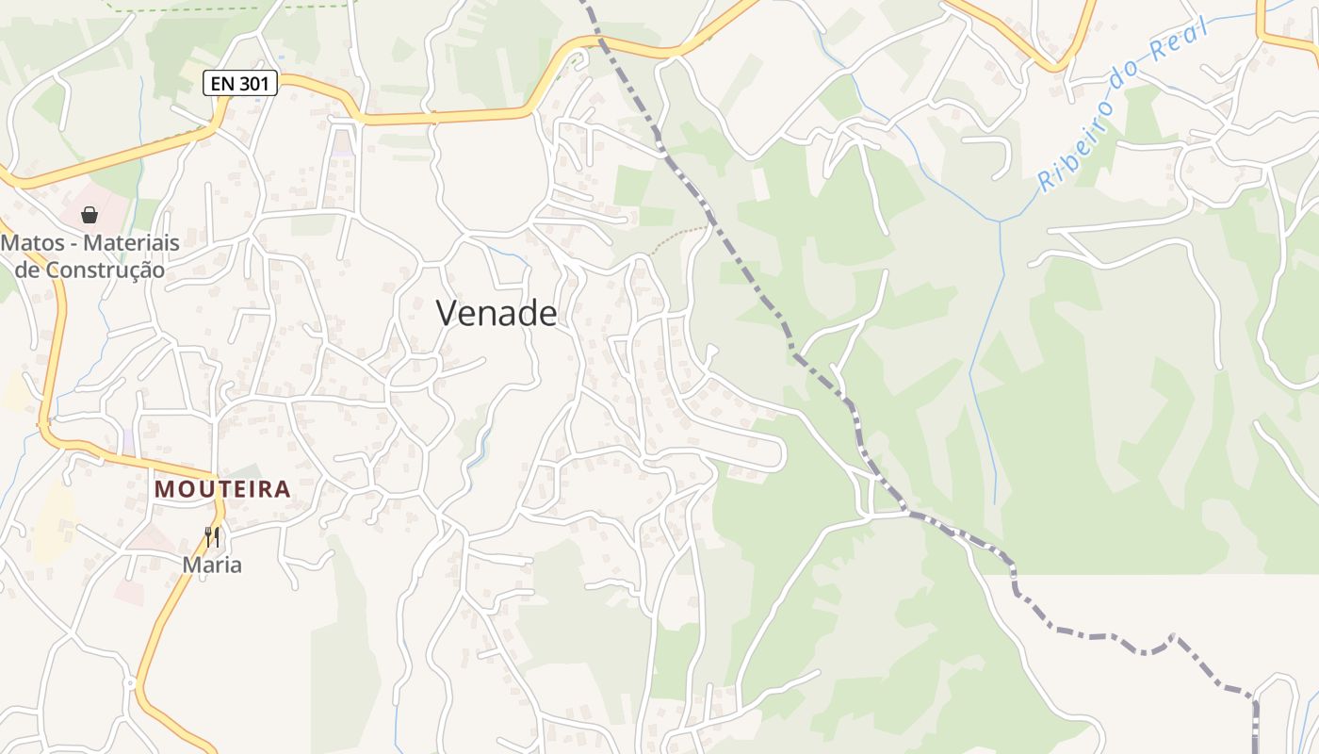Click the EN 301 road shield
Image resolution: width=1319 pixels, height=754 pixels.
240,84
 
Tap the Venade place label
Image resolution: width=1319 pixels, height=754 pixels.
497,313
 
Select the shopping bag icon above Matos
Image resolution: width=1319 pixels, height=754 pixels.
90,215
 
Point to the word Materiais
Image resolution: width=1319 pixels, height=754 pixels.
131,243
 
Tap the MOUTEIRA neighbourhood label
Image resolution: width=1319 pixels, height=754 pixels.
222,489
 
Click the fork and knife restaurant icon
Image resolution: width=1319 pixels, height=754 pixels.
212,537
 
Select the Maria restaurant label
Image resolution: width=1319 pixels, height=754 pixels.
212,565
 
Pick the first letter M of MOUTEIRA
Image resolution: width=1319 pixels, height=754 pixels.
164,489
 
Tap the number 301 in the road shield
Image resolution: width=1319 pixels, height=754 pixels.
253,84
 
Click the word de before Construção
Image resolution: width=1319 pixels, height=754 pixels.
28,270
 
